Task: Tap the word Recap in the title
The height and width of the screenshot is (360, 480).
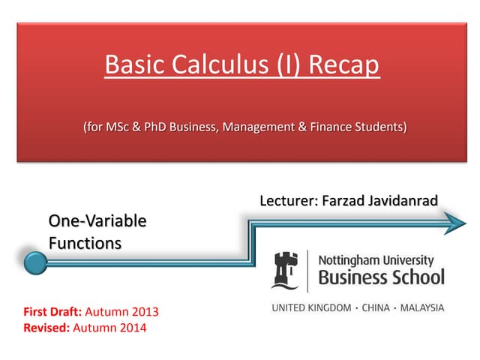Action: [x=342, y=65]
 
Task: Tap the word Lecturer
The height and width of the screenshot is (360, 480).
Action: [x=286, y=201]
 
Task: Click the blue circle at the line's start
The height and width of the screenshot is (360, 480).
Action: [x=35, y=262]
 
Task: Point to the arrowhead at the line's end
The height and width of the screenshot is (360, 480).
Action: [x=454, y=221]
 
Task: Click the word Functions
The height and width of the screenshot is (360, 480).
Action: [x=85, y=243]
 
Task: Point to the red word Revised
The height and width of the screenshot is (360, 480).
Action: [x=43, y=327]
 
